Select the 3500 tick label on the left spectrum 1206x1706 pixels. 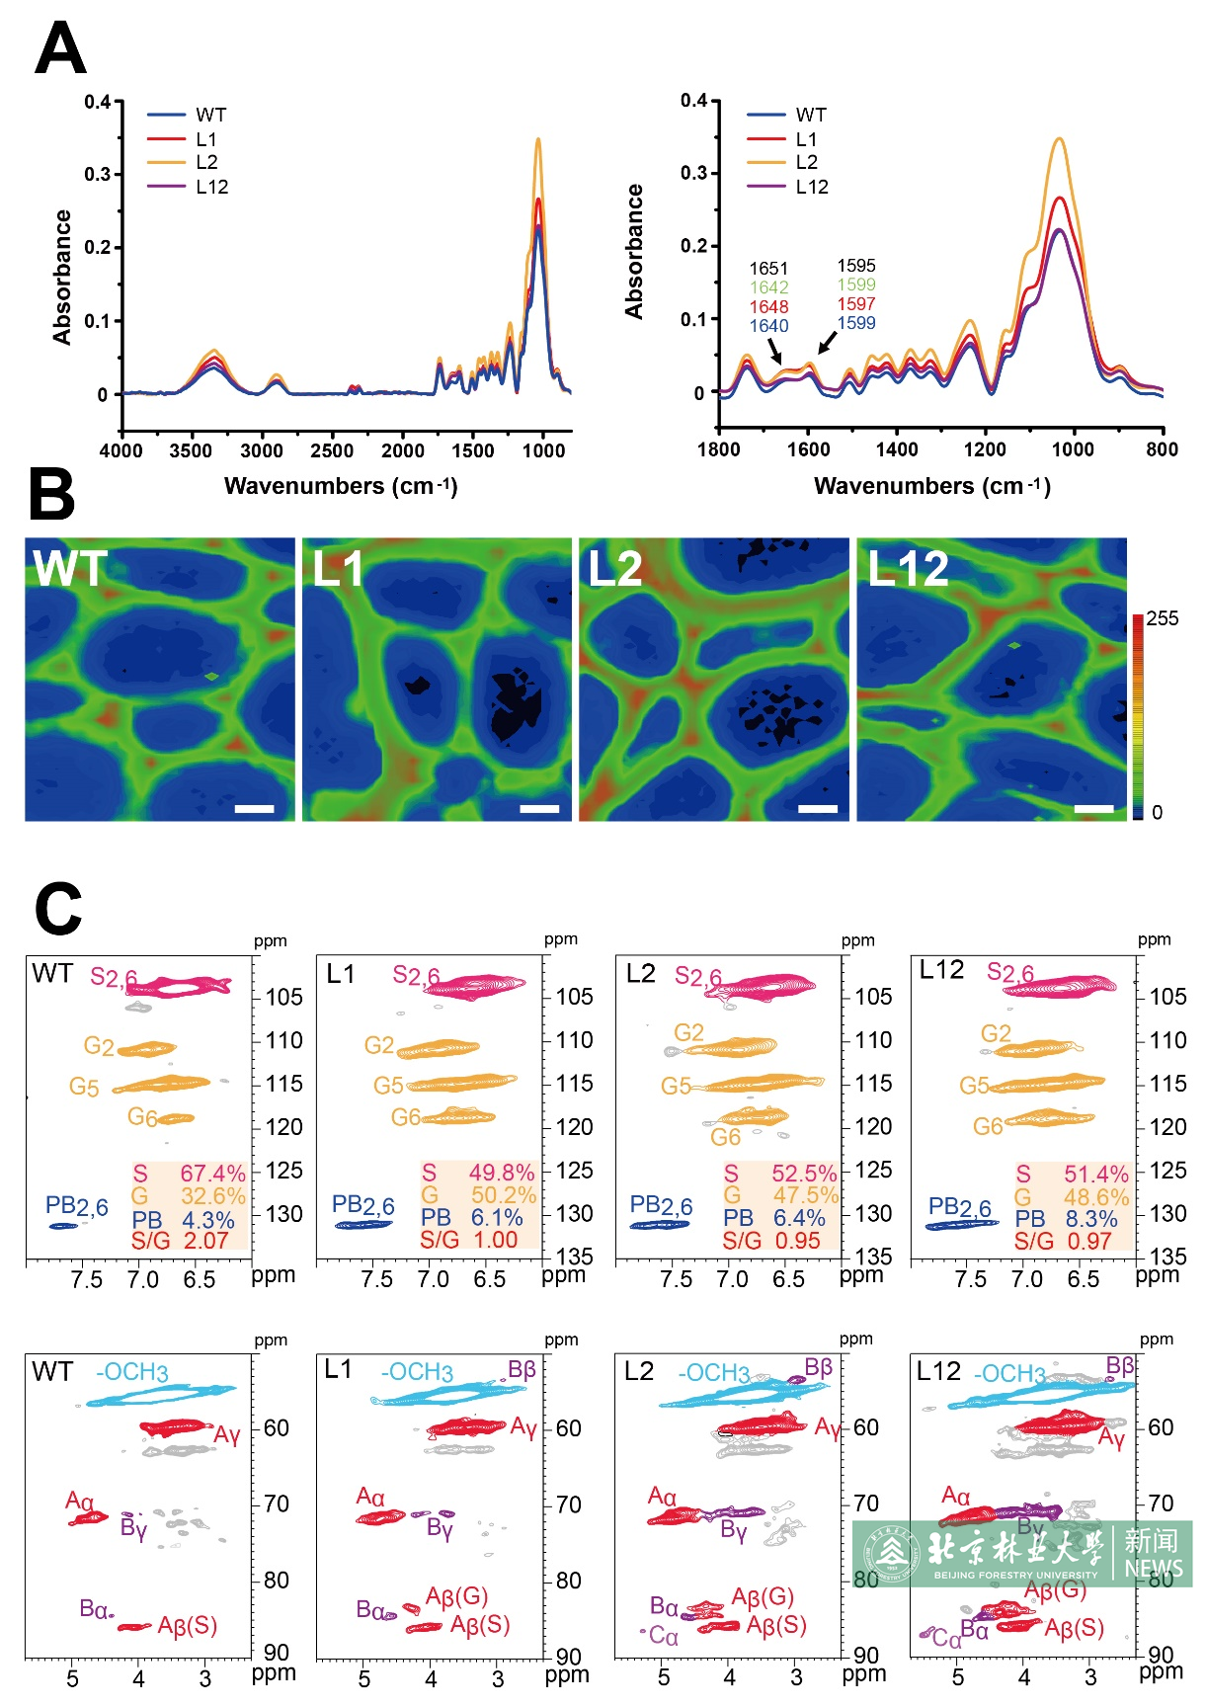(x=191, y=451)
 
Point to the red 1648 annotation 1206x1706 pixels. (x=768, y=306)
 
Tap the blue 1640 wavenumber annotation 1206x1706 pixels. (x=768, y=326)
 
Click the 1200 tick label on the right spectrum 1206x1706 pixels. (x=985, y=449)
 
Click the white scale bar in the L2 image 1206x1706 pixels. (x=817, y=809)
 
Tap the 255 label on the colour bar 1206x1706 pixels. (x=1163, y=618)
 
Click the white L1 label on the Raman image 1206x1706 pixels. (x=338, y=569)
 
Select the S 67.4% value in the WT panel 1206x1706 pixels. (x=189, y=1174)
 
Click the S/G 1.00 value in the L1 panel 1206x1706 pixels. (x=469, y=1240)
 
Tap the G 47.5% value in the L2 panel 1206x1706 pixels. (x=781, y=1195)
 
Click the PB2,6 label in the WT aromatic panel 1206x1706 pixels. (x=77, y=1206)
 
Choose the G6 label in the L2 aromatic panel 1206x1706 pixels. (x=726, y=1137)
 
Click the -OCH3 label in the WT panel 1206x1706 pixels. (x=132, y=1372)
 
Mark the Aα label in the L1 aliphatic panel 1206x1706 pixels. (x=370, y=1498)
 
